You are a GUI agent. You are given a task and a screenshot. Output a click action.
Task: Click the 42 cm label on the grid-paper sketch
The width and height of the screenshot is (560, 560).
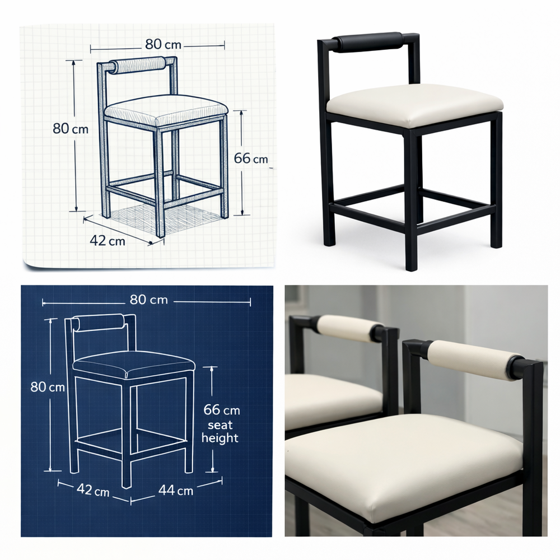107,240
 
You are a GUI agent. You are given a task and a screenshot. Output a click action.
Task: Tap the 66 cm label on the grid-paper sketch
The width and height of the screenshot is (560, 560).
251,158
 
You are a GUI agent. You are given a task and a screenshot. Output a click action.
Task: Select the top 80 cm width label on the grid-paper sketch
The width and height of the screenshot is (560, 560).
163,44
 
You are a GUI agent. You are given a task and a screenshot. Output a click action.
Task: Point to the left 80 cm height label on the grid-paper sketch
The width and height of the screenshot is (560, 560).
71,128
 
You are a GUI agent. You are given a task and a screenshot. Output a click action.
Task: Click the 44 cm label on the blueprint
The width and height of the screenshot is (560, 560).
176,491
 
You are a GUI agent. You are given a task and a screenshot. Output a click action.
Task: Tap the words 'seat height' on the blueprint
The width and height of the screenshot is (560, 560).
220,431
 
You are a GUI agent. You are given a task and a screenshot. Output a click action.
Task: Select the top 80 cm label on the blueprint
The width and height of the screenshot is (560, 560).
148,299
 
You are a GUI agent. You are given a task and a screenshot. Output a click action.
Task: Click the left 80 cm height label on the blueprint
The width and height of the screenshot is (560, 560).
48,387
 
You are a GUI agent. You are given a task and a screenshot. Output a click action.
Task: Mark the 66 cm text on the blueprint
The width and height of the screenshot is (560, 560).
221,410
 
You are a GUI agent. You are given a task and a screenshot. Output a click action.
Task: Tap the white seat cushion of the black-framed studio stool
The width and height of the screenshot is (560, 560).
414,105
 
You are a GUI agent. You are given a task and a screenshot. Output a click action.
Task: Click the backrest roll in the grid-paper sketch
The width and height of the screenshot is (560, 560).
138,65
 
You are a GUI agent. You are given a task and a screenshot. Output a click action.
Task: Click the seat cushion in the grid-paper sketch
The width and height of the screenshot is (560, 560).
166,110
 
